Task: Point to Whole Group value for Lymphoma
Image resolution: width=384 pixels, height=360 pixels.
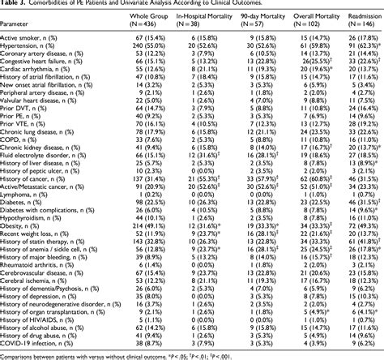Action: pyautogui.click(x=134, y=195)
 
